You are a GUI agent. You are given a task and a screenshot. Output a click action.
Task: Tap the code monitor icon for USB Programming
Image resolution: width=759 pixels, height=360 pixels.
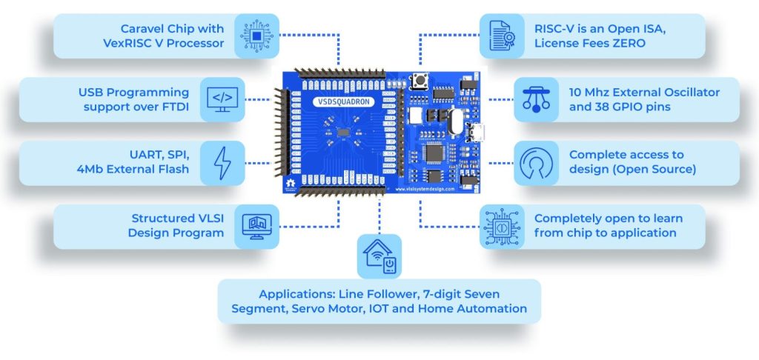pos(222,99)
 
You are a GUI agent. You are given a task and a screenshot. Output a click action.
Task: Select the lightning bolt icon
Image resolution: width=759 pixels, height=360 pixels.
pos(222,163)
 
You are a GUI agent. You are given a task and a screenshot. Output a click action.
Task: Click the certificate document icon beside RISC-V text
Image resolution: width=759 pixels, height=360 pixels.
pos(501,36)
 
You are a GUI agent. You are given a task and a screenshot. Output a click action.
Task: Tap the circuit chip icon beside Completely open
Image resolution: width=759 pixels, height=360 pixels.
pos(501,226)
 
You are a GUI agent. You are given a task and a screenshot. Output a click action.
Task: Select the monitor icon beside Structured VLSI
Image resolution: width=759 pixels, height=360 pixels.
pos(256,226)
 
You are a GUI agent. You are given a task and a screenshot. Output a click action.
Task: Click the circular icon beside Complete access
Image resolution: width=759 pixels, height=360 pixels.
pos(536,163)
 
